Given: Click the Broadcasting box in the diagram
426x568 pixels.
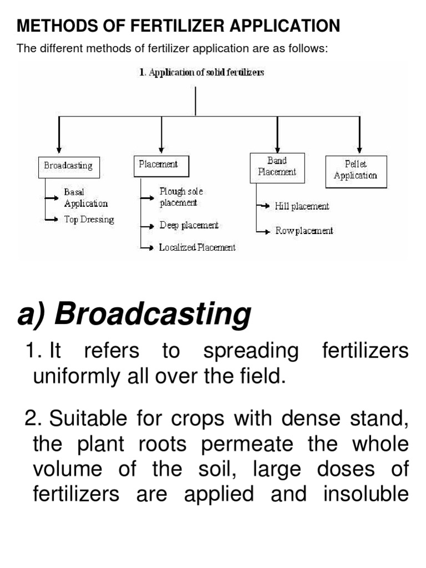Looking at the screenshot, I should [69, 166].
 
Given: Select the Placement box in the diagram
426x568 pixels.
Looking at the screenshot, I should [161, 165].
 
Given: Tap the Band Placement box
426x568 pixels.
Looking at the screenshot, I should [277, 166].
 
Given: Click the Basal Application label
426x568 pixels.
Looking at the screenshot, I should [86, 197].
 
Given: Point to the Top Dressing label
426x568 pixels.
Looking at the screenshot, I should [89, 219].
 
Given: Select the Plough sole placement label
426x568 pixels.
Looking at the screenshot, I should [181, 197].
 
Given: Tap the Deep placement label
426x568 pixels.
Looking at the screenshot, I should [189, 225].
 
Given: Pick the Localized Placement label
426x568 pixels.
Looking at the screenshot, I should [197, 247].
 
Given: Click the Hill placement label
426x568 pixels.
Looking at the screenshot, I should [302, 206].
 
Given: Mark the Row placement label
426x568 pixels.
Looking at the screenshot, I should [305, 231].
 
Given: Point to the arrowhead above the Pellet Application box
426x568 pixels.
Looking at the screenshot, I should [359, 149].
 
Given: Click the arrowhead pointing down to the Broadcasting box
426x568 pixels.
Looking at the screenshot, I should [59, 149].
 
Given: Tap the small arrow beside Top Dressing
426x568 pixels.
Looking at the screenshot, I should [53, 220].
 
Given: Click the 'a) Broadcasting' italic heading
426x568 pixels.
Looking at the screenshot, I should [134, 315].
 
